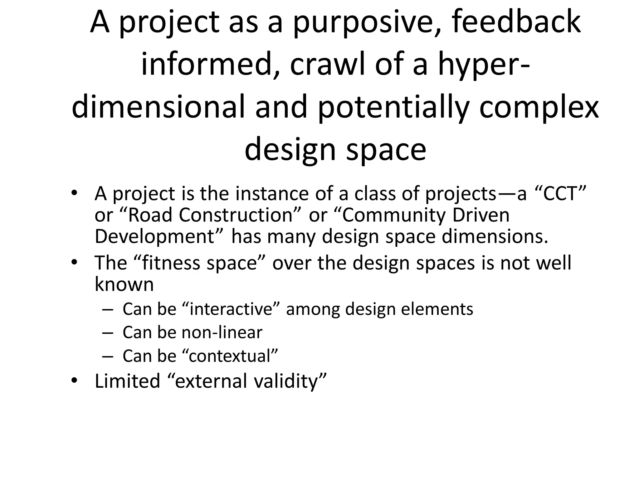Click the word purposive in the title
tap(363, 22)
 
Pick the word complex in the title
tap(539, 108)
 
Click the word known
tap(124, 284)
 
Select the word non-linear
tap(222, 332)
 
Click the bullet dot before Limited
tap(74, 380)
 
